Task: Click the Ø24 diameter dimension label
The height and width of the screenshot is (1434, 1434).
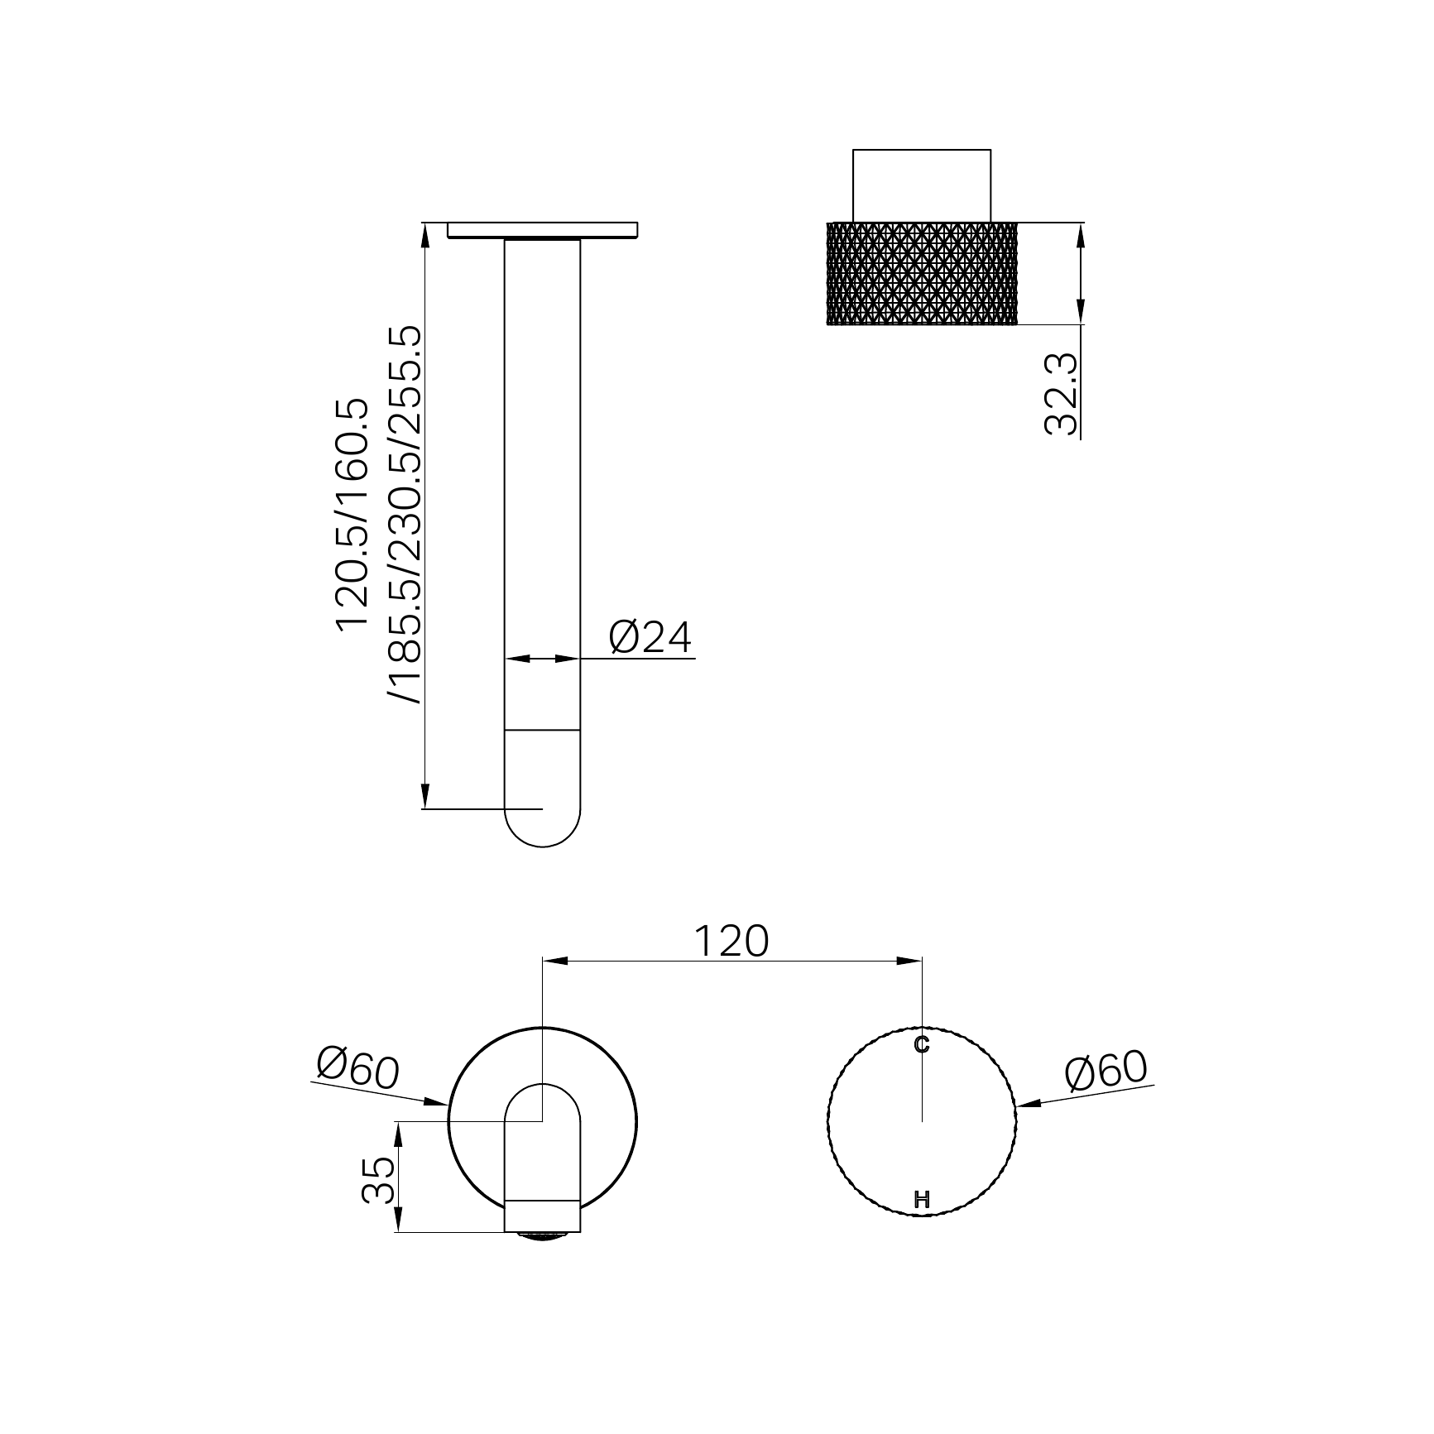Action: point(650,638)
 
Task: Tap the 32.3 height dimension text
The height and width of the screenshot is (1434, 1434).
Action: point(1061,394)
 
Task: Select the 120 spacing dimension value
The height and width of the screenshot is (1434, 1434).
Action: point(731,941)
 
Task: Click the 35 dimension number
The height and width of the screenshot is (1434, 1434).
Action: point(378,1180)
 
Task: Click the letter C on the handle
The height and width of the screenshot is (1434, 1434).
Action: point(922,1045)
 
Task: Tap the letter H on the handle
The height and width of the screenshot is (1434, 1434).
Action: point(922,1199)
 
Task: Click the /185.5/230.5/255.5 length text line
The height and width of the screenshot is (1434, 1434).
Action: point(406,515)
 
